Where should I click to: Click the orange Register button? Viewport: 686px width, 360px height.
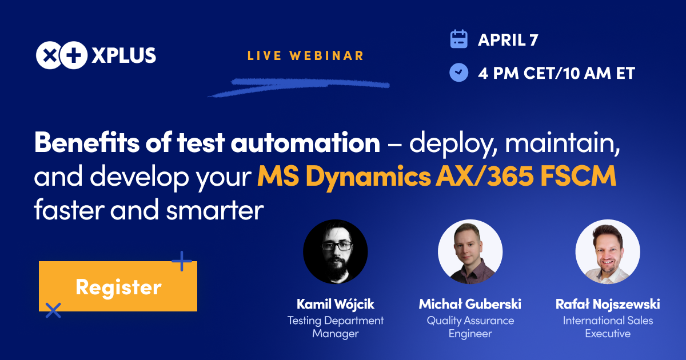(118, 286)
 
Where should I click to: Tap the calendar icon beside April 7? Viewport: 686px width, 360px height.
(458, 39)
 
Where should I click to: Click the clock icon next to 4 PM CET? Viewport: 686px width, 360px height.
(458, 73)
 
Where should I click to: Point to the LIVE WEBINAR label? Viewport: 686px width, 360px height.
(306, 55)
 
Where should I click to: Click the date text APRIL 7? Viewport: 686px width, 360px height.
(508, 39)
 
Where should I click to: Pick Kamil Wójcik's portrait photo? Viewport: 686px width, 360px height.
(335, 252)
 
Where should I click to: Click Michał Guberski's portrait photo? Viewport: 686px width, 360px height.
(470, 252)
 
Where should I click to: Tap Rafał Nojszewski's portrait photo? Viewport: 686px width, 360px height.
(607, 252)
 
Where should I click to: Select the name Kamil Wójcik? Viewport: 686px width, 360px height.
(336, 304)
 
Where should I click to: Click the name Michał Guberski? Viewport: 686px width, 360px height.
(470, 304)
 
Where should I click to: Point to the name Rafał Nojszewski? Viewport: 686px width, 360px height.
(608, 304)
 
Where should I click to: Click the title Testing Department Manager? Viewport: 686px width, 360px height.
(336, 327)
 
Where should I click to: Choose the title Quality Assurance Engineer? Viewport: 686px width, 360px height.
(470, 327)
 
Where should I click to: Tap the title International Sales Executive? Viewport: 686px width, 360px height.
(608, 327)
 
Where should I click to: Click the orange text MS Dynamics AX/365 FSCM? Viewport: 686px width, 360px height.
(437, 177)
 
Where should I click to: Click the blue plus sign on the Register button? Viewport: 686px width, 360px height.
(182, 261)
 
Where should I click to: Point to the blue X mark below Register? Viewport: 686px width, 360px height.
(53, 310)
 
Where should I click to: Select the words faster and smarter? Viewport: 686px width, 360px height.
(149, 211)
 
